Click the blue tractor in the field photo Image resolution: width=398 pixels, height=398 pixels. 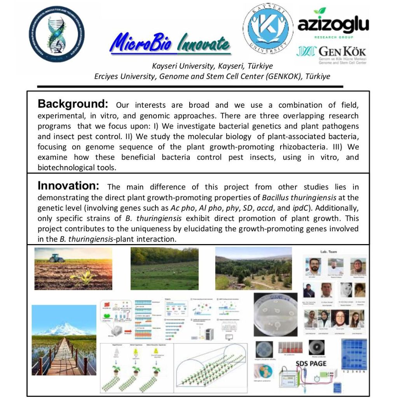[x=57, y=258]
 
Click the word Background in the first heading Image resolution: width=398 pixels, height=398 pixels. [x=73, y=104]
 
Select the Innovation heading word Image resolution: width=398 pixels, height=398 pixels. [x=69, y=186]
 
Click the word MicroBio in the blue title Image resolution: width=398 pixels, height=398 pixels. [x=141, y=43]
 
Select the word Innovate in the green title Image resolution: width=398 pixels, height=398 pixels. [x=203, y=44]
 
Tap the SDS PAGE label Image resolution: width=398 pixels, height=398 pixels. [x=311, y=364]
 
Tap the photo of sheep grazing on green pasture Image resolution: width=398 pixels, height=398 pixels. [x=164, y=269]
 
